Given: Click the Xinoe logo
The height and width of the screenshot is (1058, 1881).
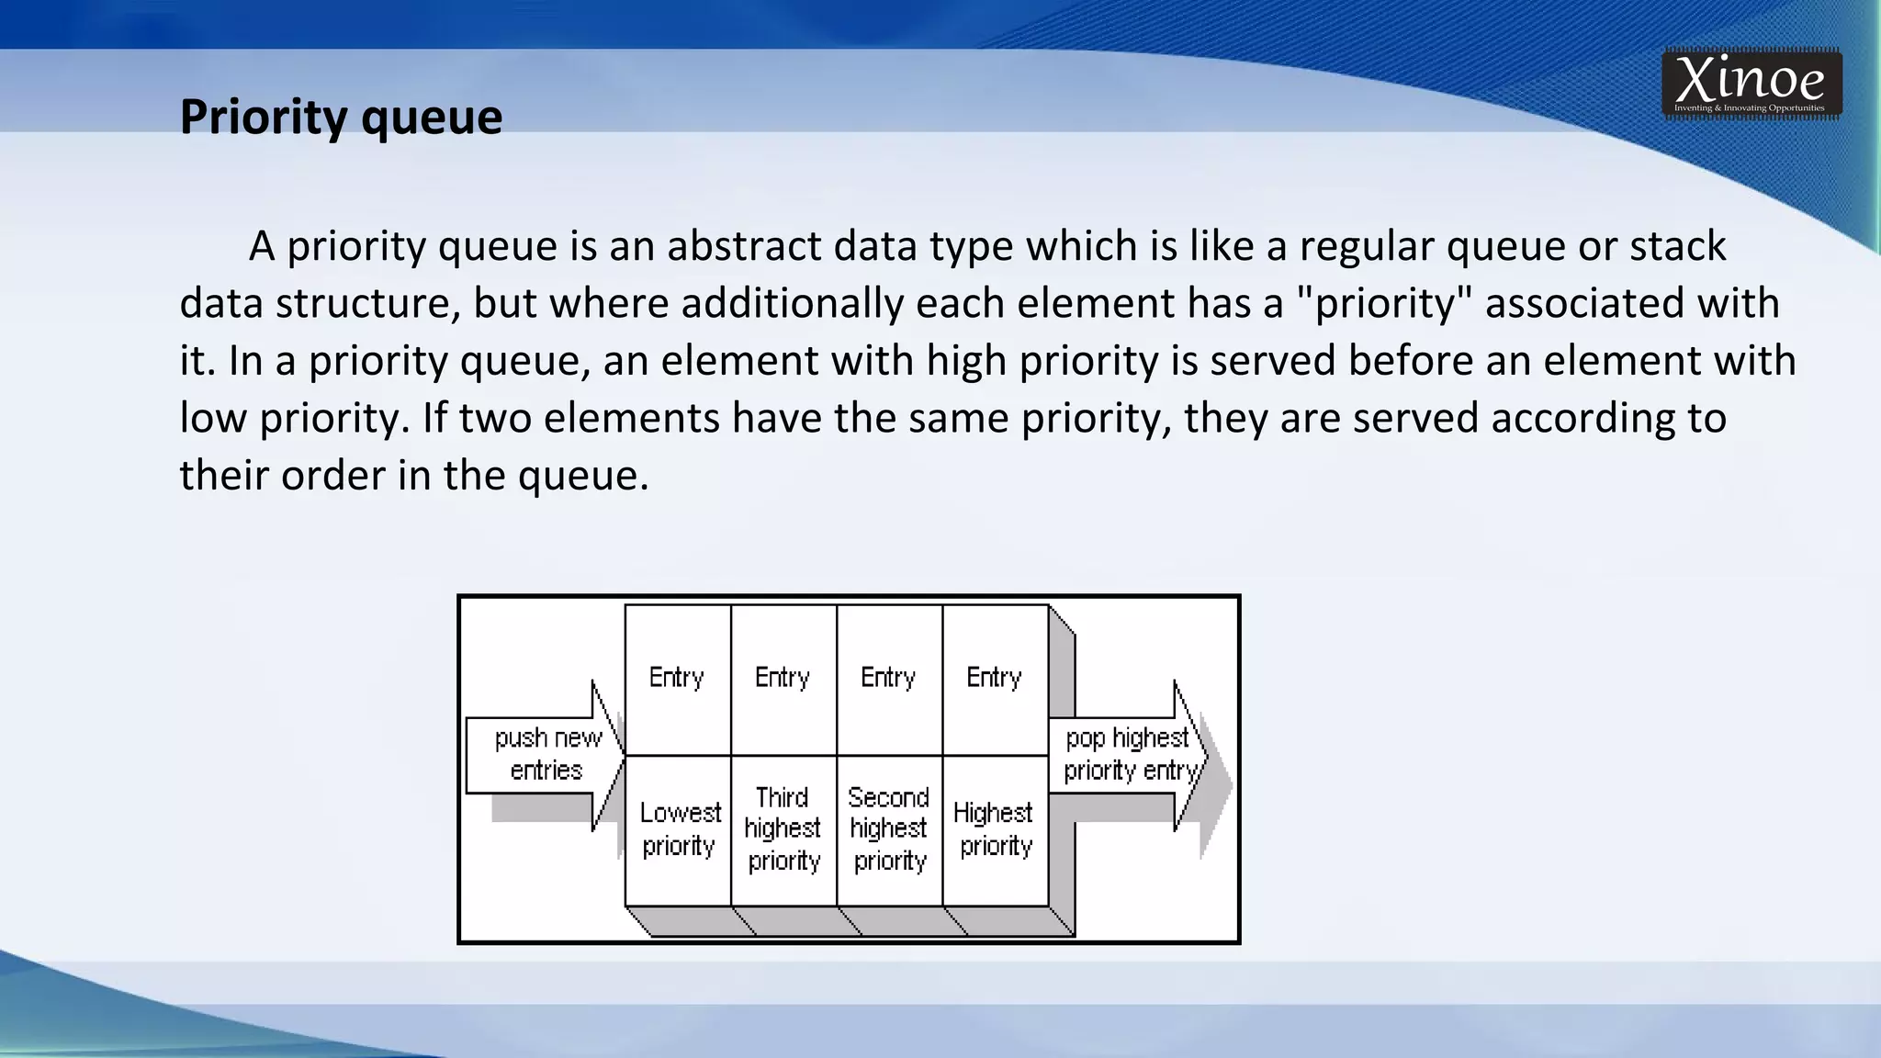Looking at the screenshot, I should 1751,84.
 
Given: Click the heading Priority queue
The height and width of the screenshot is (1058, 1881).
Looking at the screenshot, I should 341,117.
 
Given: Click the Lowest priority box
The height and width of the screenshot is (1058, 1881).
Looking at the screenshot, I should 679,829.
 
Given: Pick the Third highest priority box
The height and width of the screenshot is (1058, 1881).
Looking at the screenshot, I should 783,829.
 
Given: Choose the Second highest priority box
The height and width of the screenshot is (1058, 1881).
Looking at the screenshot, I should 889,829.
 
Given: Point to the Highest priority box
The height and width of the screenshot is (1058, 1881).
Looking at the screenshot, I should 995,829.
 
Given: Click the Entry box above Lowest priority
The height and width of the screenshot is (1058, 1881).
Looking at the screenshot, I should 678,679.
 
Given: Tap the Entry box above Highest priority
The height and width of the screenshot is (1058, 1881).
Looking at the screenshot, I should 995,679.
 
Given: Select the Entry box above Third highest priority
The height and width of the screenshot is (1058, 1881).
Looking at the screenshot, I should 783,679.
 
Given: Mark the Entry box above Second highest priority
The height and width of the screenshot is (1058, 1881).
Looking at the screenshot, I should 889,679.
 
